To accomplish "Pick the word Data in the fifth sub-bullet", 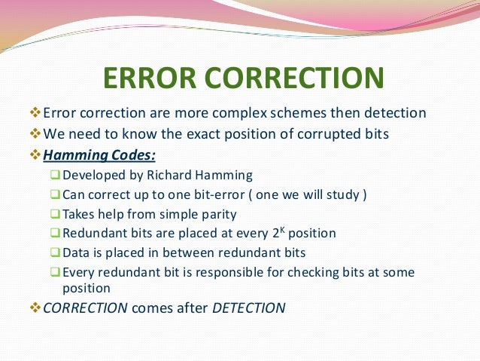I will click(77, 252).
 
